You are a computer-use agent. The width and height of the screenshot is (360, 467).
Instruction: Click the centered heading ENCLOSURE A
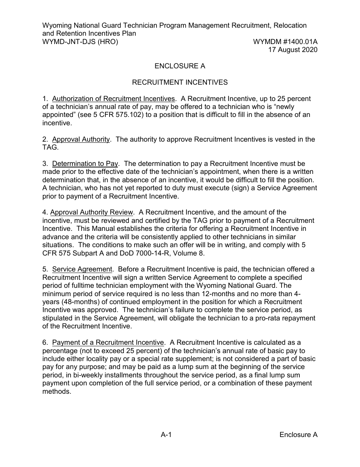180,66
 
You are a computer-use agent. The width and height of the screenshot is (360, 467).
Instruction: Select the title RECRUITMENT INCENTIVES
180,82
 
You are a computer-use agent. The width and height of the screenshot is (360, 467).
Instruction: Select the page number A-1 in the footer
166,435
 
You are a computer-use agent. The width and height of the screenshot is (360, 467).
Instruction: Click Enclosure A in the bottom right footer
298,435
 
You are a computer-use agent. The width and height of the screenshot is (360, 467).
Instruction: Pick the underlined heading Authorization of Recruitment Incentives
113,99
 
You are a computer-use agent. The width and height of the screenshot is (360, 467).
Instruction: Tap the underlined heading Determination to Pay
85,164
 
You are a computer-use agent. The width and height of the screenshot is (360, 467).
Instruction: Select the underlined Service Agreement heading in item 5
82,270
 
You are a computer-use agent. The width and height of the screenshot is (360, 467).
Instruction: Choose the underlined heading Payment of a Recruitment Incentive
108,343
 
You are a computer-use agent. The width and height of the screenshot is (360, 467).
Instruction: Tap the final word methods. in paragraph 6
57,391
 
